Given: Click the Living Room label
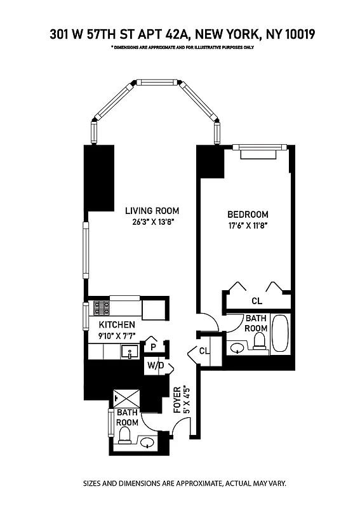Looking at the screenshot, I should [152, 211].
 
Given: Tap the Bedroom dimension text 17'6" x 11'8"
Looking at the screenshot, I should [248, 226].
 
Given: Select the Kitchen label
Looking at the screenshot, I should [116, 324].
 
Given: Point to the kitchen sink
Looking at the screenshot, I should [131, 352].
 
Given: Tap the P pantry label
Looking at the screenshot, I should [153, 347].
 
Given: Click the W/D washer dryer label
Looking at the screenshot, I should [156, 366].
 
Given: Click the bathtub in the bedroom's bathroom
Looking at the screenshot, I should [279, 333].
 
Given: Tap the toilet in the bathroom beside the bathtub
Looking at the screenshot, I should [259, 342].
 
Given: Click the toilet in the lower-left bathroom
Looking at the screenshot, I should [124, 435].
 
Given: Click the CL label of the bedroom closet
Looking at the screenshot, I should [257, 300].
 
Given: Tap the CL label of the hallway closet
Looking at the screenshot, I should [204, 351].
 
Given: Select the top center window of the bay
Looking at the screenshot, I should [157, 82].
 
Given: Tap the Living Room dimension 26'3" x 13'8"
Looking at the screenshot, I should [152, 222].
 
